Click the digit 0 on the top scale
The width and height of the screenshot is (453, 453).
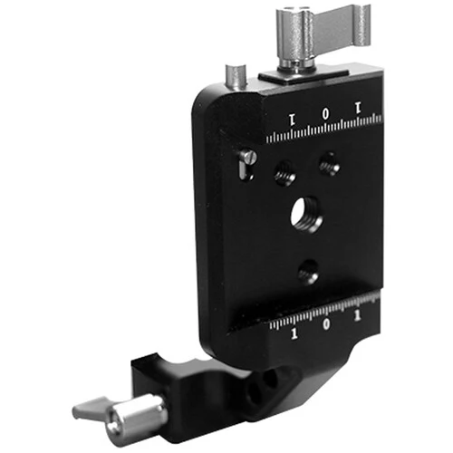click(x=325, y=114)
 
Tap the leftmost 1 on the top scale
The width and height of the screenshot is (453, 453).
click(x=292, y=120)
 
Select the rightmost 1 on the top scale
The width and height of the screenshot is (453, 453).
click(x=358, y=108)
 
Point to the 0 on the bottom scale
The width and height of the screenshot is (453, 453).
click(x=326, y=324)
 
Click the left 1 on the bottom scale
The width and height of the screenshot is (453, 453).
click(x=294, y=333)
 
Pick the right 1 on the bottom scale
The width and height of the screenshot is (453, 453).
click(x=358, y=316)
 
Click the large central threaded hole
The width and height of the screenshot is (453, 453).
click(x=306, y=215)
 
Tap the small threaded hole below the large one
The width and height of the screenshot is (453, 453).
click(x=308, y=272)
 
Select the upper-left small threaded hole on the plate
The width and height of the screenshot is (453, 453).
click(x=284, y=173)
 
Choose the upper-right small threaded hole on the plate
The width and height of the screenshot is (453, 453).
click(x=330, y=164)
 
